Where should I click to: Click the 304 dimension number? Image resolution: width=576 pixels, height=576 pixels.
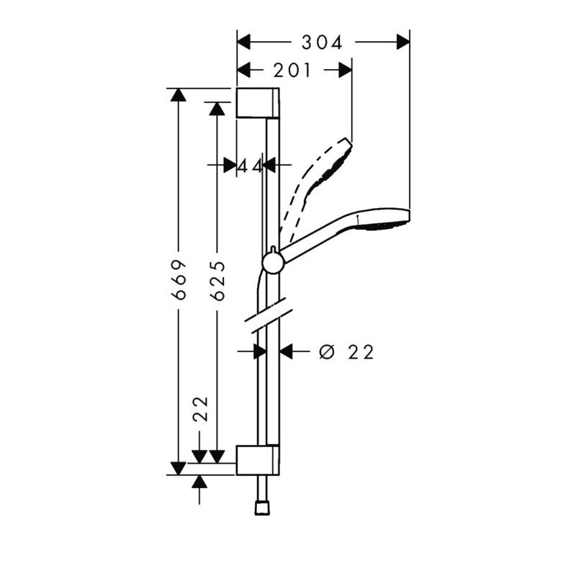(322, 42)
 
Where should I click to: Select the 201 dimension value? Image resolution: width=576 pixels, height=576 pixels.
(292, 70)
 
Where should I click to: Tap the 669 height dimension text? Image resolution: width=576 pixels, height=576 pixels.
(179, 279)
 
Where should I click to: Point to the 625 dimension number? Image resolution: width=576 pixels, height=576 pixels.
(219, 281)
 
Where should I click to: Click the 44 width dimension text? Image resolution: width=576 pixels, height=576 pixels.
(249, 166)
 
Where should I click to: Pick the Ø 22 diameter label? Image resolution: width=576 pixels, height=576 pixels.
(346, 352)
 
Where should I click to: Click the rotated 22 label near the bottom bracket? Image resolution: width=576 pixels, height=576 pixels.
(201, 409)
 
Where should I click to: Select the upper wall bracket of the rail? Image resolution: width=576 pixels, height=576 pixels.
(258, 103)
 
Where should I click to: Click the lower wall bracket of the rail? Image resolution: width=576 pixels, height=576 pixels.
(258, 460)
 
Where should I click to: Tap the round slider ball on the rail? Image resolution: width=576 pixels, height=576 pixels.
(274, 263)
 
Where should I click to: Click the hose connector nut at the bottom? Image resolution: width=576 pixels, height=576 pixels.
(262, 508)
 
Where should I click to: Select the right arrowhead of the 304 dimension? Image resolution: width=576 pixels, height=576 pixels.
(403, 42)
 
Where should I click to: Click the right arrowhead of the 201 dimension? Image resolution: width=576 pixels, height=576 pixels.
(346, 70)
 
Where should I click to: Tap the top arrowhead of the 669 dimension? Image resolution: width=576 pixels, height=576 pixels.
(179, 95)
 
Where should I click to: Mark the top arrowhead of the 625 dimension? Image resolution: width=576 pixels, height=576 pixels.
(217, 109)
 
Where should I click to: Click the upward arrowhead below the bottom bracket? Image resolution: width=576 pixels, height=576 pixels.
(199, 482)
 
